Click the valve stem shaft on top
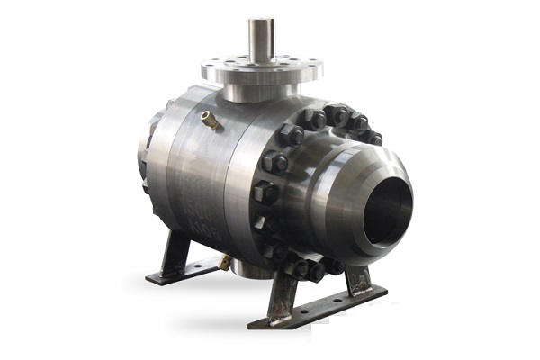pyautogui.click(x=261, y=40)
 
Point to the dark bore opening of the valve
pyautogui.click(x=390, y=212)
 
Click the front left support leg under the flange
pyautogui.click(x=282, y=292)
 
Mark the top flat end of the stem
pyautogui.click(x=261, y=20)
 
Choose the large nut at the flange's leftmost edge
pyautogui.click(x=265, y=192)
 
